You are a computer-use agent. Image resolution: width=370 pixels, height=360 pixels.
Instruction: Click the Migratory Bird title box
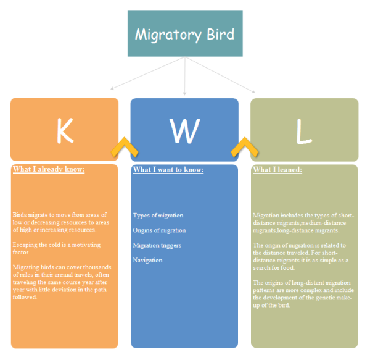pos(184,33)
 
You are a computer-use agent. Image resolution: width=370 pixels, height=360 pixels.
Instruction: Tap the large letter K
pos(64,130)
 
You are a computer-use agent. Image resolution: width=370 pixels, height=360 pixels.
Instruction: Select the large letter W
pos(184,130)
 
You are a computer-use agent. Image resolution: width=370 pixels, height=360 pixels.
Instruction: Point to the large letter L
pos(304,130)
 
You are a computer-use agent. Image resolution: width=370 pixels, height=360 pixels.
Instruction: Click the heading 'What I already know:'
pos(48,170)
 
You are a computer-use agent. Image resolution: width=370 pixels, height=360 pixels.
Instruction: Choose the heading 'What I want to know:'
pos(168,170)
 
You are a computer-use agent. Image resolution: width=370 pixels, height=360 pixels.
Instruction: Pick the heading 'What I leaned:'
pos(277,170)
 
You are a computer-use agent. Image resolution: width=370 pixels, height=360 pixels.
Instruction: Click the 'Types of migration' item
pos(158,216)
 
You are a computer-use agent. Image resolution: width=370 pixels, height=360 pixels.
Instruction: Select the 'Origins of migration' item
pos(159,230)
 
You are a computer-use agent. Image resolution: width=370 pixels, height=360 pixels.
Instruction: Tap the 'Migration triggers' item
pos(157,245)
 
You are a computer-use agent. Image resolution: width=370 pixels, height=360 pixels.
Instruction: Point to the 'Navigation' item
pos(147,260)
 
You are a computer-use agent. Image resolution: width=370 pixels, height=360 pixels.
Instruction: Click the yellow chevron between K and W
pos(124,148)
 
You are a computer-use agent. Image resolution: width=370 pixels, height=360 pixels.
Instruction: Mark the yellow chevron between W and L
pos(244,148)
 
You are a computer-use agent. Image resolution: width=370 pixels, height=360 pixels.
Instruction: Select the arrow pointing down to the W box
pos(184,93)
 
